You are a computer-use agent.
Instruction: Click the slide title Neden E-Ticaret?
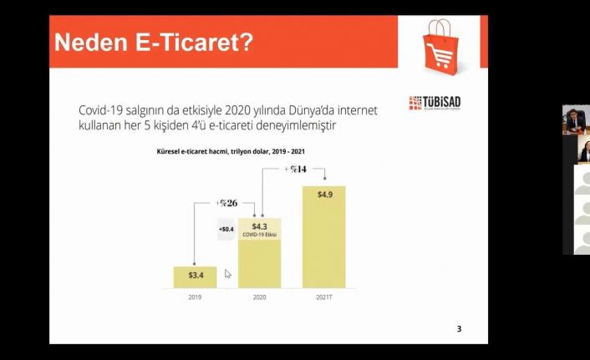(x=154, y=42)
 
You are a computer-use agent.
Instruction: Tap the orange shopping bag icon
(x=440, y=47)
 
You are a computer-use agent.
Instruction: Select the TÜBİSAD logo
(x=435, y=103)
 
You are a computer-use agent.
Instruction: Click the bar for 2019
(x=195, y=277)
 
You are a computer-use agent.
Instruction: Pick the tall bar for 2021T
(x=324, y=237)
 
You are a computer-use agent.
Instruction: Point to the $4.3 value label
(x=259, y=226)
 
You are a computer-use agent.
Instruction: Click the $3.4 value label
(x=196, y=275)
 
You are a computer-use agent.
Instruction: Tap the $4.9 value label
(x=325, y=195)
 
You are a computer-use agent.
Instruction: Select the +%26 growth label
(x=226, y=203)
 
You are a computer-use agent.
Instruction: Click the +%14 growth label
(x=295, y=170)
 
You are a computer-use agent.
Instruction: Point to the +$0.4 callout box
(x=226, y=229)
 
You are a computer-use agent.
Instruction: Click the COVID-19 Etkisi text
(x=259, y=235)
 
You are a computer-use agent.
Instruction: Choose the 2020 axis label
(x=259, y=297)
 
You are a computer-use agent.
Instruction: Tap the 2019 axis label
(x=195, y=297)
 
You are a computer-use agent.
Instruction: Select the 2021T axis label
(x=324, y=297)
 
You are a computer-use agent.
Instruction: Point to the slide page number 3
(x=459, y=329)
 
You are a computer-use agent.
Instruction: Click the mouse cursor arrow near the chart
(x=227, y=274)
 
